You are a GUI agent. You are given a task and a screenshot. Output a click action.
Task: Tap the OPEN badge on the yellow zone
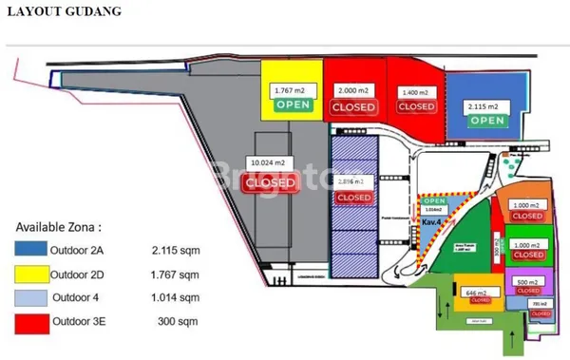point(293,104)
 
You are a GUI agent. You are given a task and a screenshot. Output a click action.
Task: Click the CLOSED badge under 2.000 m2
point(353,107)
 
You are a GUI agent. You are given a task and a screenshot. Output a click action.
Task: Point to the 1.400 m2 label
point(415,93)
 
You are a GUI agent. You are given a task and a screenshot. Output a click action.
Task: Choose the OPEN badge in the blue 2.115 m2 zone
point(486,121)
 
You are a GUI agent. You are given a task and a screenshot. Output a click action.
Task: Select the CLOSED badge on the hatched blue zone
point(354,198)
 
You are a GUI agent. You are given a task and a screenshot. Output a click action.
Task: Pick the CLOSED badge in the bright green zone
point(528,254)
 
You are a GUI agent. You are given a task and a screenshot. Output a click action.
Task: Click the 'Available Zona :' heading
point(58,228)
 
